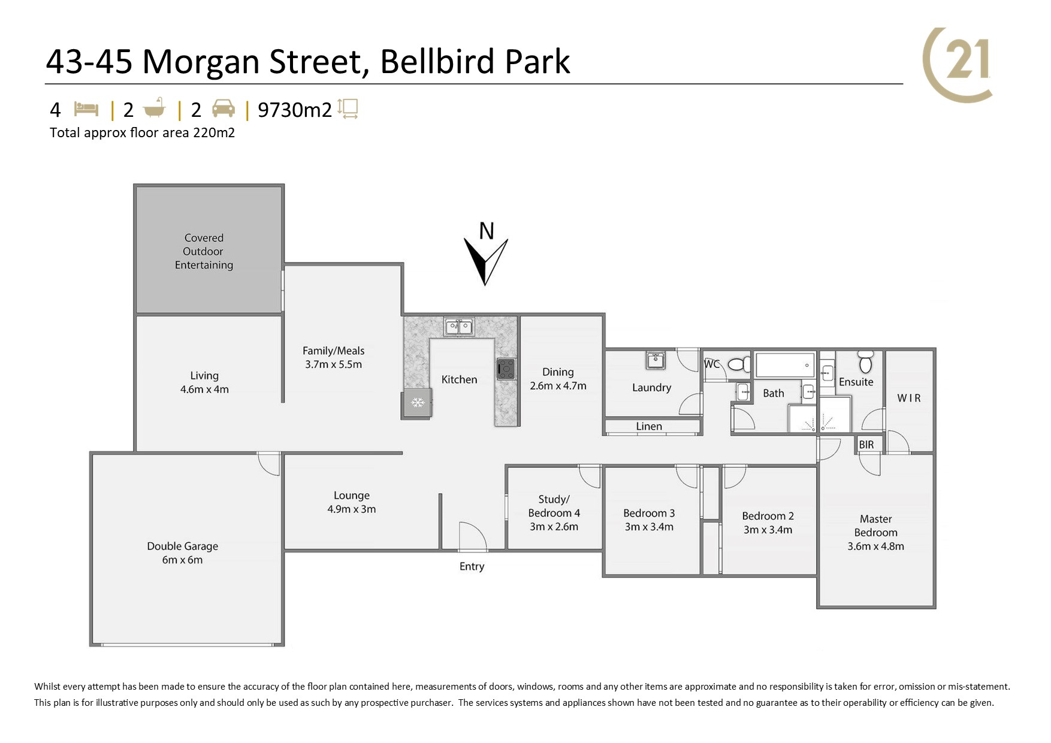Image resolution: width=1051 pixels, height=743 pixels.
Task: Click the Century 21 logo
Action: [957, 65]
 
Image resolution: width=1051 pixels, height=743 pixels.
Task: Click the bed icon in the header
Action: [86, 109]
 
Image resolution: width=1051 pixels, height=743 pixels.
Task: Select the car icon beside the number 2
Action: [223, 108]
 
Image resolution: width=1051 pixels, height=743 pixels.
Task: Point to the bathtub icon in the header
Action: [154, 108]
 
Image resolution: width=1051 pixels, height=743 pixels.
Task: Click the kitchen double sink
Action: [458, 327]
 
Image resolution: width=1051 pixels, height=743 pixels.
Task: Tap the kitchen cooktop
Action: [506, 369]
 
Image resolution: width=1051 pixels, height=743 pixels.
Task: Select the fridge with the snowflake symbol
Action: [417, 403]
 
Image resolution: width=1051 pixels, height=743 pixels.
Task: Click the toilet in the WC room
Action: [739, 364]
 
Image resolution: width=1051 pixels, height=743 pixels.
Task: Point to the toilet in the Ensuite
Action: [865, 362]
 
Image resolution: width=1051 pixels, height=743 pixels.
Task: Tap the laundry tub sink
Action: [655, 361]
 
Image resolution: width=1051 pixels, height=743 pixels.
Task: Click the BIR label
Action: [866, 445]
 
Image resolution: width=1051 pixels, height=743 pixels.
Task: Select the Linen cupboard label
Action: [649, 426]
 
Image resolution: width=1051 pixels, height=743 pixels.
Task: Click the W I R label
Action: [909, 398]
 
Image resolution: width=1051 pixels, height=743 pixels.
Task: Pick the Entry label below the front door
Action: [472, 566]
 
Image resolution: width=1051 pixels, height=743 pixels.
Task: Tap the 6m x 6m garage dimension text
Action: [182, 560]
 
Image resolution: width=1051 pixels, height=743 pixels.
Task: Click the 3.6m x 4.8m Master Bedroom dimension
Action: [875, 546]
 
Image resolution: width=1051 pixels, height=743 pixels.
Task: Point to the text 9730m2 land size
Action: [295, 110]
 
